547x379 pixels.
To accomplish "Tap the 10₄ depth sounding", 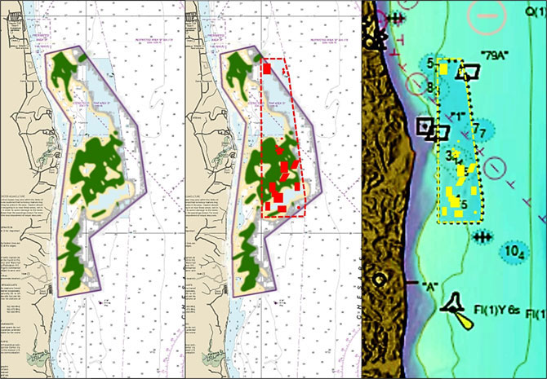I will (514, 252).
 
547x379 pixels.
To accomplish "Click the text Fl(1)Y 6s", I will (497, 311).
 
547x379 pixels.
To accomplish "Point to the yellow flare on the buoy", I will (464, 321).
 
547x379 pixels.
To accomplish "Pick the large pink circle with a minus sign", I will (488, 16).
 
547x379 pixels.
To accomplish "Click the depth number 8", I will (430, 87).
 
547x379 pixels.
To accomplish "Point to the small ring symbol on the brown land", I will (380, 279).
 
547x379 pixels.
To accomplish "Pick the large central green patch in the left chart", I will (95, 166).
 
